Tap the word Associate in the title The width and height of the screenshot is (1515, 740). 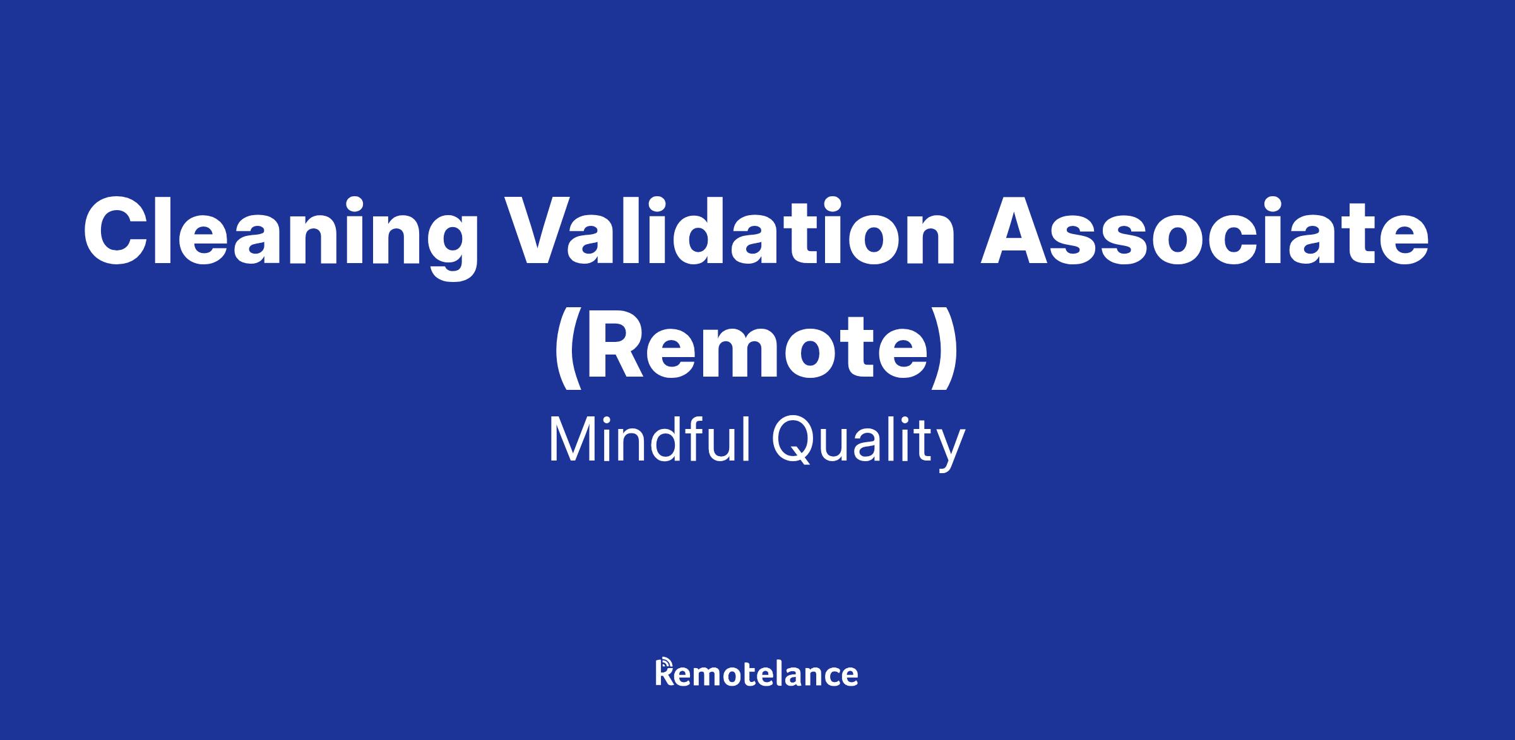click(1204, 231)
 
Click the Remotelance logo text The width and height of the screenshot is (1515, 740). click(757, 672)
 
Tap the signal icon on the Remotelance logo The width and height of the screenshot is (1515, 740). click(662, 664)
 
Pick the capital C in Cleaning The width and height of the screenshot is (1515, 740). click(119, 231)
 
